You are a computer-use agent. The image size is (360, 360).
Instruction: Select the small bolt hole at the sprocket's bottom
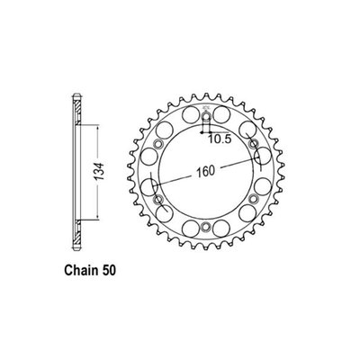204,224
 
